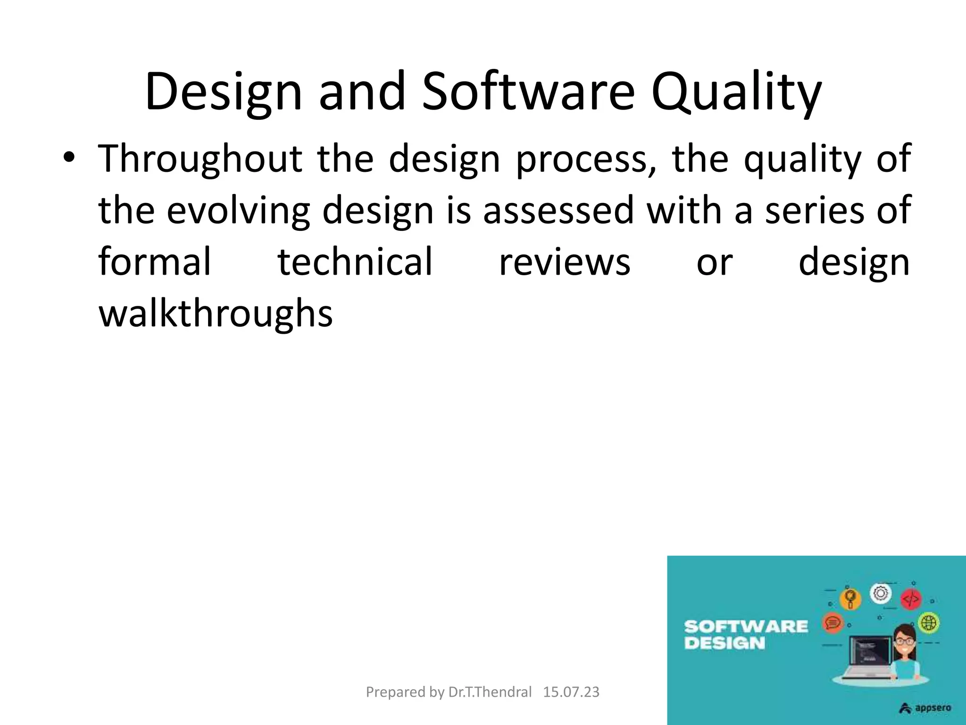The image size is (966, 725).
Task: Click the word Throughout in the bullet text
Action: pos(200,159)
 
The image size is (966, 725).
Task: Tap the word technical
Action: pos(355,262)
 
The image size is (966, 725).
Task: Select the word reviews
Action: pos(565,262)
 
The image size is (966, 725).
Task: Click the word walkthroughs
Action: pos(216,314)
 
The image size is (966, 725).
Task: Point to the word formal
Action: pos(155,262)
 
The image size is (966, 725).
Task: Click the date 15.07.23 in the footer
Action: pos(571,692)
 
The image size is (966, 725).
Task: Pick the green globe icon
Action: pos(929,623)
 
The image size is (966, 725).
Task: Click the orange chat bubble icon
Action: pos(833,623)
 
